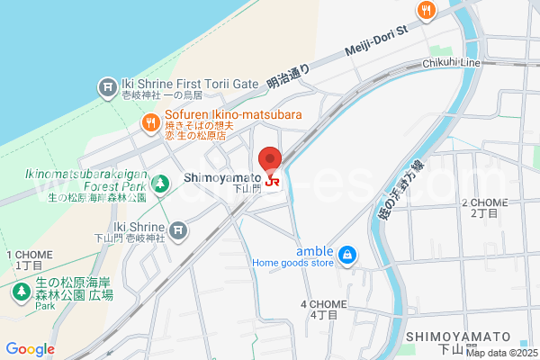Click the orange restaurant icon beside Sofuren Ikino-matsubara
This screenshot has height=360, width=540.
[x=150, y=121]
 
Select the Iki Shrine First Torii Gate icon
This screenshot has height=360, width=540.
[x=106, y=87]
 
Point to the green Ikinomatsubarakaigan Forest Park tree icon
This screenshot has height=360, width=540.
[x=160, y=184]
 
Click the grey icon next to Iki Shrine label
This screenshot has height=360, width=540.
[x=178, y=230]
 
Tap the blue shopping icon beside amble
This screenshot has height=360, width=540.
[x=346, y=257]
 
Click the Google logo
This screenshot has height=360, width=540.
[x=30, y=349]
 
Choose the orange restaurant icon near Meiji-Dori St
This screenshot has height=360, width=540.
[x=427, y=10]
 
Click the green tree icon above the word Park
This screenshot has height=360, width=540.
[x=21, y=292]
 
